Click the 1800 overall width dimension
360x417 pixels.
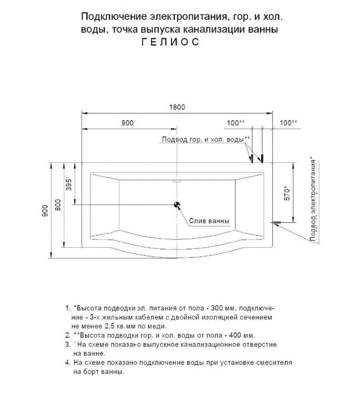pyautogui.click(x=177, y=107)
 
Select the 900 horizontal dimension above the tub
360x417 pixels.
pyautogui.click(x=128, y=123)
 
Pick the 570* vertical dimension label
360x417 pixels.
pyautogui.click(x=287, y=193)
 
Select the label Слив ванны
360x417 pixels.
pyautogui.click(x=209, y=221)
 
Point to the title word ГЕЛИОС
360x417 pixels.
pyautogui.click(x=170, y=42)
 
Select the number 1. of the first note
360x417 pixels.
pyautogui.click(x=67, y=308)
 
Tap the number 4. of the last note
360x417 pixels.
pyautogui.click(x=67, y=363)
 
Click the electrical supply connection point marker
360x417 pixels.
pyautogui.click(x=277, y=223)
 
